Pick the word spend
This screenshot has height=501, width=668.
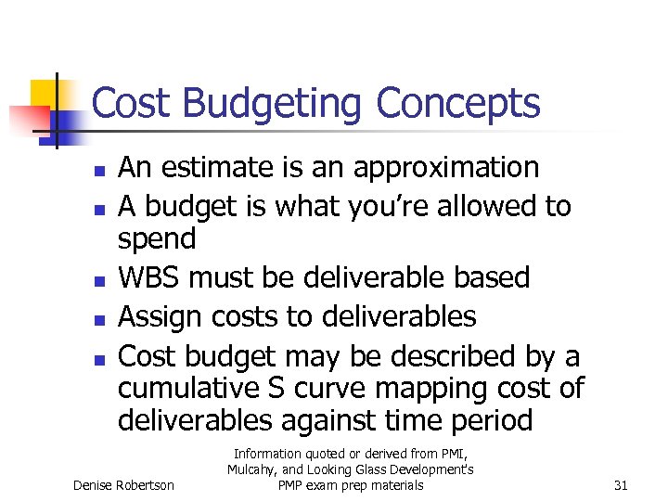(157, 239)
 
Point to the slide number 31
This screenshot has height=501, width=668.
(623, 485)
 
